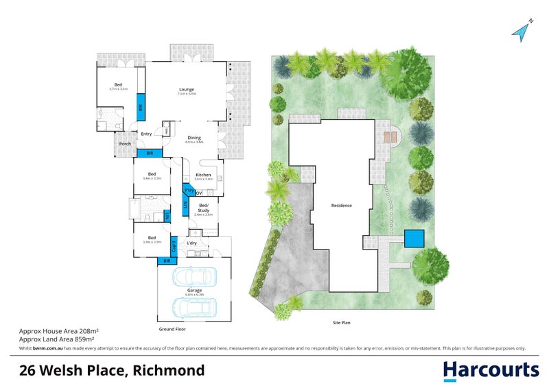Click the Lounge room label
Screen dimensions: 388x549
tap(187, 89)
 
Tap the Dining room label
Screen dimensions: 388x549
tap(194, 138)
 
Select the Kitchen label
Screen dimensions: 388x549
tap(203, 175)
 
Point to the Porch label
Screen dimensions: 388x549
tap(125, 144)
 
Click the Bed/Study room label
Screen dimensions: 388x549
tap(204, 206)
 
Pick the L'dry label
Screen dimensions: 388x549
tap(192, 242)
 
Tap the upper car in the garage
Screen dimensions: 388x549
tap(194, 277)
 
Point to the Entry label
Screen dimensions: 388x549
tap(146, 134)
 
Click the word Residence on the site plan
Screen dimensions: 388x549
tap(342, 206)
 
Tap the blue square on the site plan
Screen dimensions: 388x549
tap(414, 238)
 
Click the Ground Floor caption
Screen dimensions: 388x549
tap(172, 329)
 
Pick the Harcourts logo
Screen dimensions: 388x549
tap(490, 370)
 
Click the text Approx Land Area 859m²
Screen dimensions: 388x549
tap(56, 339)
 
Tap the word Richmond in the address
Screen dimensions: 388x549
tap(168, 371)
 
